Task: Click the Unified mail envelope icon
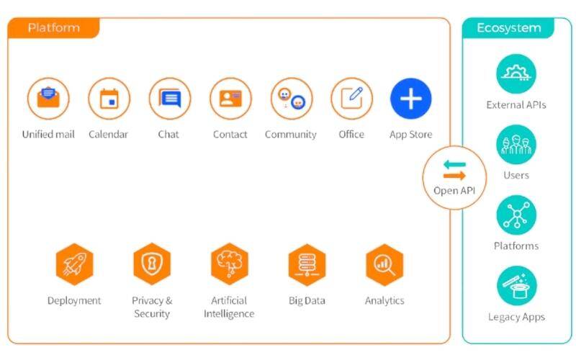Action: [x=48, y=99]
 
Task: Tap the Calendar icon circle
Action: [x=109, y=99]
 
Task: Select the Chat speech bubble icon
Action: [x=170, y=99]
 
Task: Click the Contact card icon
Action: [x=230, y=99]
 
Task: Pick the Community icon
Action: [x=292, y=99]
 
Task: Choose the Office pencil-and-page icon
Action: [x=351, y=99]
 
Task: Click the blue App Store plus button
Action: [x=411, y=99]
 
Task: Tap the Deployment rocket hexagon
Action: [x=75, y=264]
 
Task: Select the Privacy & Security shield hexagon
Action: [x=152, y=264]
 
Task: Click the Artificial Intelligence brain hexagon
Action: [x=230, y=264]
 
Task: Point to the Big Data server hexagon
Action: [x=307, y=265]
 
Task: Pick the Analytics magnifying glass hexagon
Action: [x=384, y=265]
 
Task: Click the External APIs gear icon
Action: [x=516, y=74]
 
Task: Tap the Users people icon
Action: [x=516, y=145]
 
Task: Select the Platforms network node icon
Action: [x=516, y=215]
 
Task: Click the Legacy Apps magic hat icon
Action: [x=517, y=286]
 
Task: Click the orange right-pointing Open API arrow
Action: [x=454, y=176]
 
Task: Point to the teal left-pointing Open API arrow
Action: [x=454, y=164]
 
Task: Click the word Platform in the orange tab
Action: [x=53, y=27]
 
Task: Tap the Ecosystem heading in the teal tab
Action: [x=509, y=28]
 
